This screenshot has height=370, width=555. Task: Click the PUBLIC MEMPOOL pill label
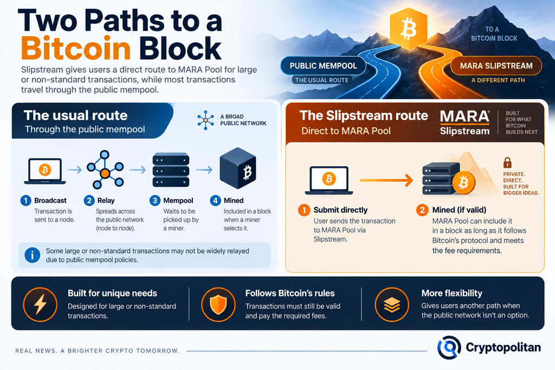pos(323,66)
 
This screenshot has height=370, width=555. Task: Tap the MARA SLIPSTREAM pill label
pos(496,66)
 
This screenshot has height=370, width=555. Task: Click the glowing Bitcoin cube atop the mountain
pos(408,29)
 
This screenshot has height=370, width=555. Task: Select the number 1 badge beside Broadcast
pos(25,200)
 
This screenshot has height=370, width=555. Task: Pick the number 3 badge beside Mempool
pos(154,200)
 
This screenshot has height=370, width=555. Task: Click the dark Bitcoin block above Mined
pos(238,168)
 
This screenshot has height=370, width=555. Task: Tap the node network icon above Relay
pos(105,170)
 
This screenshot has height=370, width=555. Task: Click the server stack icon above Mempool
pos(171,170)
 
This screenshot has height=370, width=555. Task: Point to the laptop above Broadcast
pos(45,171)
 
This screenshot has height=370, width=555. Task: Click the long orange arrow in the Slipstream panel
pos(386,180)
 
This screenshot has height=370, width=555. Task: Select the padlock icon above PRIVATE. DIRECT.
pos(507,163)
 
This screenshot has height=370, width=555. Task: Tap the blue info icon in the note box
pos(32,255)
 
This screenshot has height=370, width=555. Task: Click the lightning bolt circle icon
pos(40,304)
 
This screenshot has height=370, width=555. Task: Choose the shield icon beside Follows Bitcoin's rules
pos(218,304)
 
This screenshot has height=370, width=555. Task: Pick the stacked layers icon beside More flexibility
pos(392,304)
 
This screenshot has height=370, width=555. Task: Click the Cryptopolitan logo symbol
pos(449,347)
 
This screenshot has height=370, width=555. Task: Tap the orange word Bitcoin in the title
pos(76,48)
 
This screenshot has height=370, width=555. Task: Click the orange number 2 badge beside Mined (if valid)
pos(422,210)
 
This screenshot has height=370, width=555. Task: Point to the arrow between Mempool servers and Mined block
pos(204,170)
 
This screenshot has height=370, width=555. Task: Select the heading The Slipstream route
pos(364,116)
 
